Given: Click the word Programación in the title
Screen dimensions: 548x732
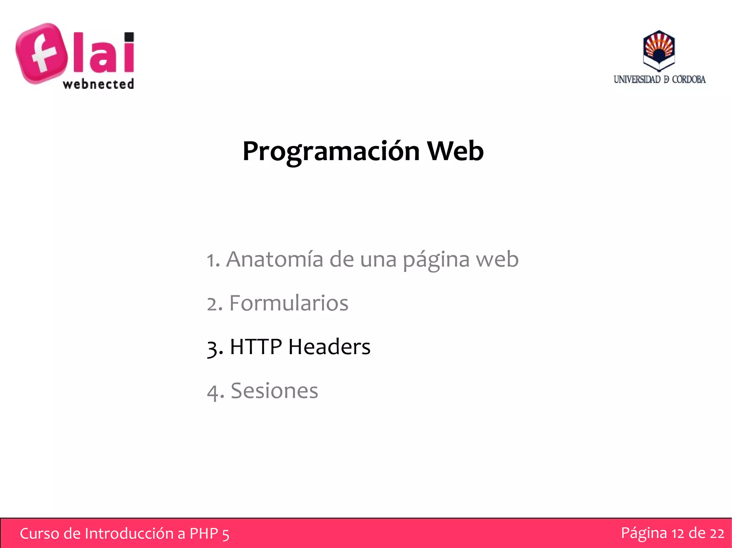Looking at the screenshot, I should point(331,151).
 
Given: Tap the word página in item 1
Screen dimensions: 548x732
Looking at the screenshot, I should point(436,260).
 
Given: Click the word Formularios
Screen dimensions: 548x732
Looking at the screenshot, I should point(288,303).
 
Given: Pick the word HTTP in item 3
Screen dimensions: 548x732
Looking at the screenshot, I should point(256,347).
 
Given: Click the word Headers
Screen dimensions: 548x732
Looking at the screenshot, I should point(329,347).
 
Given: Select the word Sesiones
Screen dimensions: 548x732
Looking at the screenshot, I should point(274,391).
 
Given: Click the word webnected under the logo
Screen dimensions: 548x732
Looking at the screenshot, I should point(98,84).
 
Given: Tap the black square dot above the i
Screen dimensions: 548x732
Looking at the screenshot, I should point(129,37).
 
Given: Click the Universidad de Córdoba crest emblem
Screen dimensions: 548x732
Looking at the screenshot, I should point(659,50).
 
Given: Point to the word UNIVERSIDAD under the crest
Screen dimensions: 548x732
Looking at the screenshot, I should point(637,79).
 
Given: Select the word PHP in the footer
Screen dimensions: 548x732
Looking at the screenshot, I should point(203,533).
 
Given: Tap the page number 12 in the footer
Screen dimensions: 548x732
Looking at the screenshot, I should point(678,533).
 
